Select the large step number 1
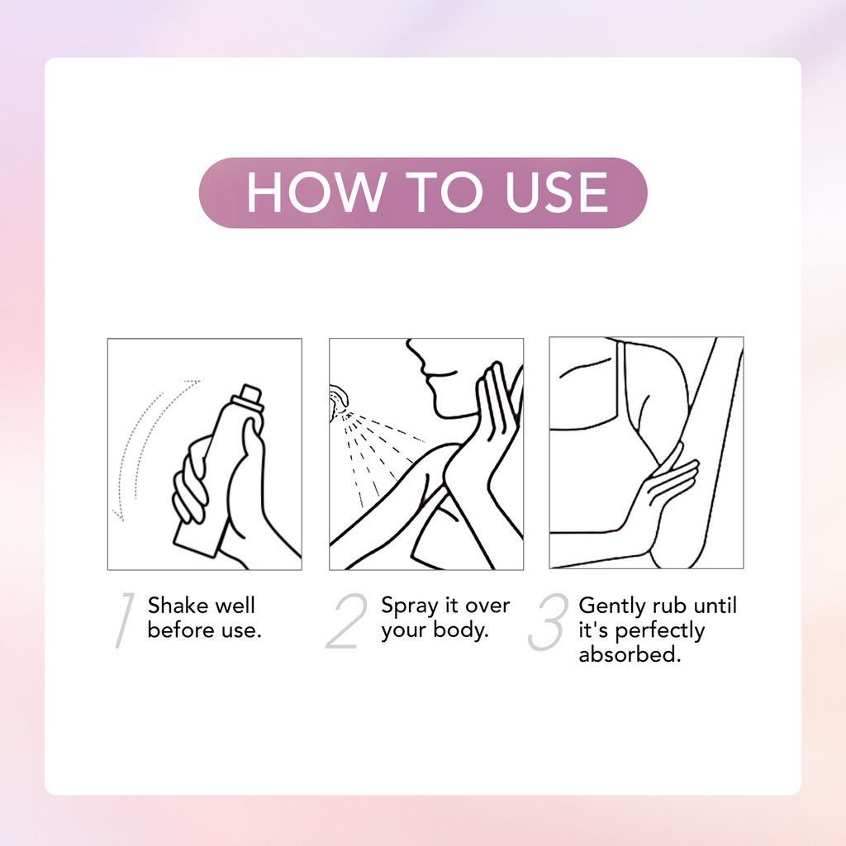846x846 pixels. click(x=124, y=620)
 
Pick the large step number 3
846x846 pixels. click(x=548, y=621)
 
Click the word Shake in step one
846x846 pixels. click(x=176, y=606)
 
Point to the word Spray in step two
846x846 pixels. click(x=407, y=606)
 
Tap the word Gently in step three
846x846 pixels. click(x=611, y=606)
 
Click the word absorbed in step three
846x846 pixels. click(x=630, y=655)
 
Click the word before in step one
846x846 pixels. click(x=178, y=630)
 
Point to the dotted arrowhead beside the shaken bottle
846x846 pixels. click(x=118, y=514)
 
